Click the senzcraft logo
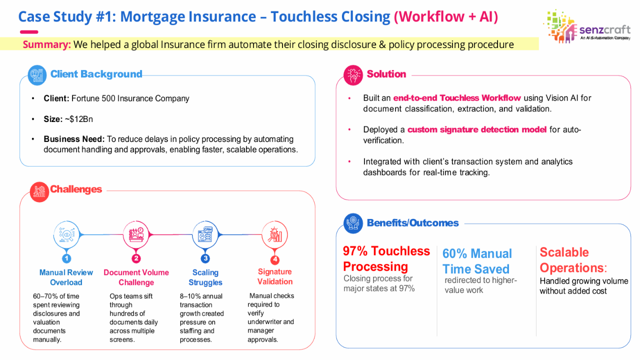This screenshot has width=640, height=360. pos(587,26)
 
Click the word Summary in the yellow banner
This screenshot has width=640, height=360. pos(46,44)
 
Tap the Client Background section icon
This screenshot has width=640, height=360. pos(37,75)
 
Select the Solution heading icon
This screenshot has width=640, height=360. pos(353,75)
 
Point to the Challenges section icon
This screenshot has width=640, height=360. pos(39,192)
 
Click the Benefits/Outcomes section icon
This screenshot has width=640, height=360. pos(353,223)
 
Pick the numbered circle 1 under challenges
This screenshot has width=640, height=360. pos(66,258)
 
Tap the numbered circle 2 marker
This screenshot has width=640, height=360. pos(136,258)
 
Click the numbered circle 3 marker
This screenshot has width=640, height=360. pos(205,258)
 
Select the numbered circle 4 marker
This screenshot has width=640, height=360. pos(275,259)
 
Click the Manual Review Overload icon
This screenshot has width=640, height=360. pos(66,235)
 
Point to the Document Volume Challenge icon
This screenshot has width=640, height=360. pos(136,235)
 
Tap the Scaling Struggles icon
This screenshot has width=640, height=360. pos(205,235)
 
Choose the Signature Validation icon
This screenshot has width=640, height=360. pos(275,235)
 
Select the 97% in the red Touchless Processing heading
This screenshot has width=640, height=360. pos(355,251)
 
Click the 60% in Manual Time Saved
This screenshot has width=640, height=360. pos(454,253)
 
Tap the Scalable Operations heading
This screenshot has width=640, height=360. pos(573,260)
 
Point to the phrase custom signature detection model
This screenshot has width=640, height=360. pos(477,129)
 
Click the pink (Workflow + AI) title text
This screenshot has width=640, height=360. pos(446,16)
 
